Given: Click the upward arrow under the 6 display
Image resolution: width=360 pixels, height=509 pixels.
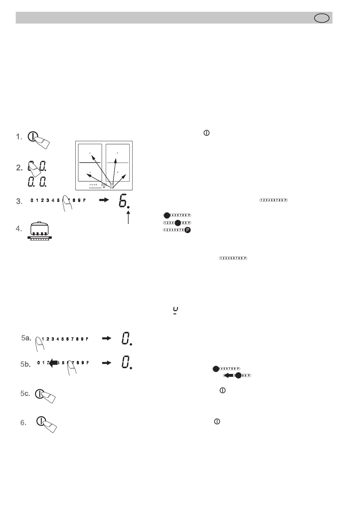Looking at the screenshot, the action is [129, 217].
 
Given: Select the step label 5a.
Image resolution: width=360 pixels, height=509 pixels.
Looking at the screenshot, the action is [26, 338].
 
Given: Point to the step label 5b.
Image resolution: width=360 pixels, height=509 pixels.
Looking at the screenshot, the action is [26, 365].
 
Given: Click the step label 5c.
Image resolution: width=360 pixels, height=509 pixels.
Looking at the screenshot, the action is [25, 393].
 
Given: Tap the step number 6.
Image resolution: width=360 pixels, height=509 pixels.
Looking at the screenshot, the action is [24, 423].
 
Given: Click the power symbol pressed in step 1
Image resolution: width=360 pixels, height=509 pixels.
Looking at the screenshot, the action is [32, 137].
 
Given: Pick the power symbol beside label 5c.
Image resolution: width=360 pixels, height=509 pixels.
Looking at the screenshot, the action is [39, 394].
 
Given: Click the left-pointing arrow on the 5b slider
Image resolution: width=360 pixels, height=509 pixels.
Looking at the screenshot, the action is [53, 363].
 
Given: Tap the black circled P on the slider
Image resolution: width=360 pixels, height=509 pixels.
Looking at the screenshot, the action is [188, 230].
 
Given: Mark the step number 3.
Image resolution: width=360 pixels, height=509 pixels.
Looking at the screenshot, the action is [19, 201].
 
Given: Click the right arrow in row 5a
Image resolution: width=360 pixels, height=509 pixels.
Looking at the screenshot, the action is [106, 339].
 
